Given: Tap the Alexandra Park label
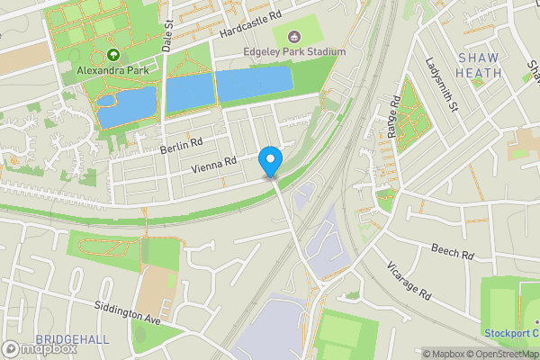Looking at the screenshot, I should [x=113, y=68].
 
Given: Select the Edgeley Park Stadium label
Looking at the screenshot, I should [x=294, y=52].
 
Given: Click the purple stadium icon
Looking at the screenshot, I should [x=294, y=37].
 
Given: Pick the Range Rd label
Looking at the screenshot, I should [x=393, y=117].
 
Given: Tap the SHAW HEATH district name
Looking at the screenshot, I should [x=479, y=65].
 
